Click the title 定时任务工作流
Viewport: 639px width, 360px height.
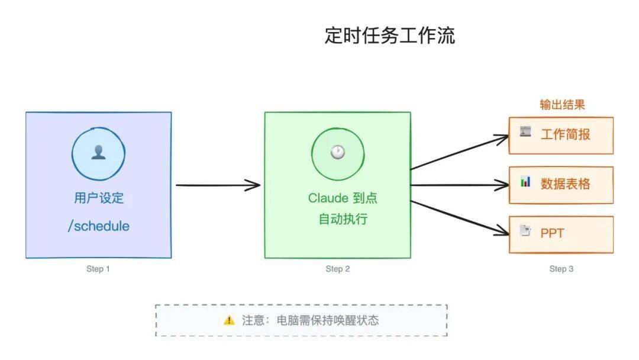click(389, 36)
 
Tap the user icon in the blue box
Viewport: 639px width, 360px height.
click(98, 153)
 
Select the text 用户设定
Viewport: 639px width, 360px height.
click(99, 198)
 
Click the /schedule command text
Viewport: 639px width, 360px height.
click(99, 226)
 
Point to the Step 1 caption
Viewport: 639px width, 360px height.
click(98, 269)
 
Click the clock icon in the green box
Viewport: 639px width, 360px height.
click(337, 153)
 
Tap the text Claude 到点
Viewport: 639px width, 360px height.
click(343, 198)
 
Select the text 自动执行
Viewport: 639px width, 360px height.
click(343, 219)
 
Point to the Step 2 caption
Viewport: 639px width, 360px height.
click(338, 269)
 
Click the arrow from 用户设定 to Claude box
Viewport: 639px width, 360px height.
click(218, 185)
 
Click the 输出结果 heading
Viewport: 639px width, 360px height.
click(562, 105)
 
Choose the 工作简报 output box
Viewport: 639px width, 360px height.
click(561, 135)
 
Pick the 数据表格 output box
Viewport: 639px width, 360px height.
click(561, 184)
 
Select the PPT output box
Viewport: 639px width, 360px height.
click(561, 233)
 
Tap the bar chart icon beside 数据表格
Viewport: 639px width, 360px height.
click(525, 182)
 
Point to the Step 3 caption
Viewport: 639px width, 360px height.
click(561, 269)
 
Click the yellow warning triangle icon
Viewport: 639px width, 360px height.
click(229, 320)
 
